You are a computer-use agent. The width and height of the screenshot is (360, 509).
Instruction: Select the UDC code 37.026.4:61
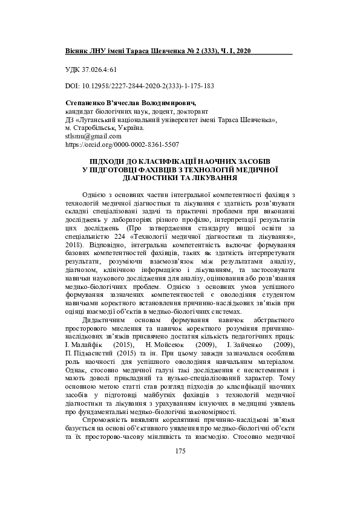pos(91,70)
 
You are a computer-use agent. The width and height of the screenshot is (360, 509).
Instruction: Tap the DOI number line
pos(139,86)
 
